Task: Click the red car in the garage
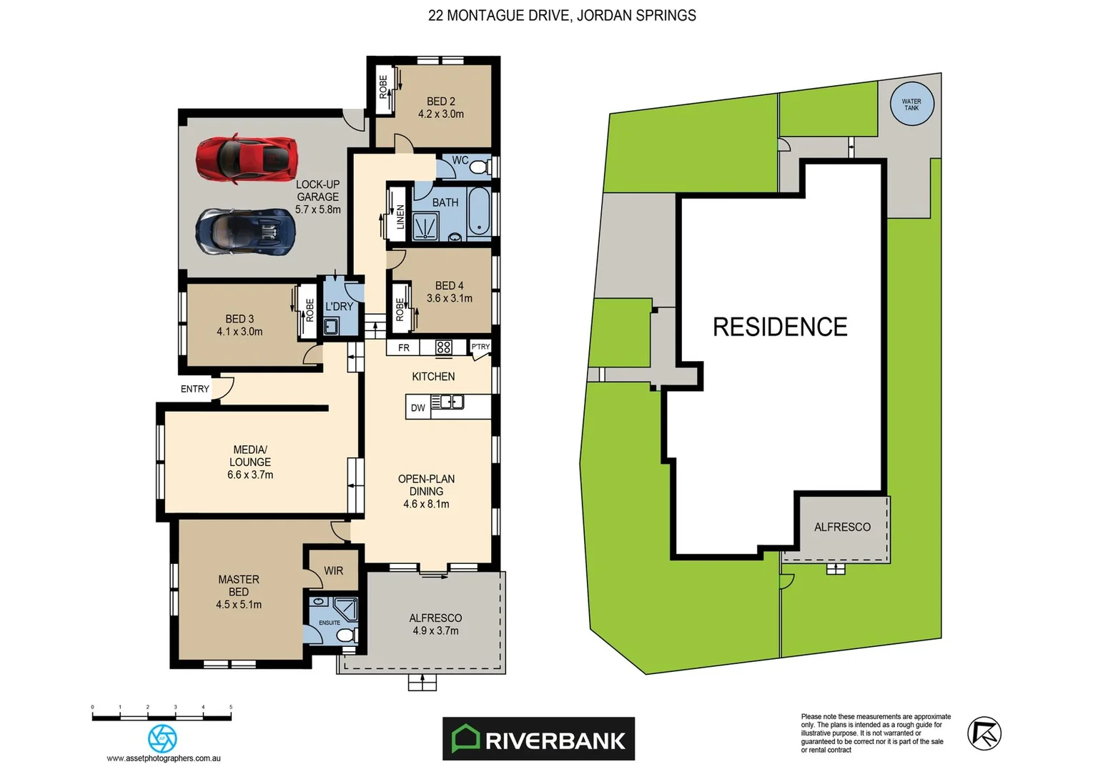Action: click(x=246, y=159)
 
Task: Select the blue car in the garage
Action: click(x=246, y=231)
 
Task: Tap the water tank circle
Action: click(x=911, y=104)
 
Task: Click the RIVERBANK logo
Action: click(x=538, y=739)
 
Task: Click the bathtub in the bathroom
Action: click(x=479, y=212)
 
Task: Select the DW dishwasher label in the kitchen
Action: click(x=417, y=408)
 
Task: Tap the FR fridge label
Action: click(x=404, y=348)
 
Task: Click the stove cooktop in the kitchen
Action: click(x=444, y=347)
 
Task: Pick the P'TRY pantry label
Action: click(x=480, y=347)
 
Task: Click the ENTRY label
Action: click(x=194, y=389)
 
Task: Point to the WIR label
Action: click(x=333, y=570)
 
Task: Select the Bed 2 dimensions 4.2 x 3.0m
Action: click(x=441, y=114)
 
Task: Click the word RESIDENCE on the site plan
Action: click(x=780, y=327)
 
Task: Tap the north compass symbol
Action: click(x=984, y=733)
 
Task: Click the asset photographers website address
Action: click(x=164, y=758)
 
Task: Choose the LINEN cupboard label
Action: click(x=400, y=217)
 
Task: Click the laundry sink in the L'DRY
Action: click(x=331, y=327)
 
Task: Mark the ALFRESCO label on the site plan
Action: click(x=842, y=527)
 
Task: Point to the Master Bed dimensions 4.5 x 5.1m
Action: click(x=239, y=605)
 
